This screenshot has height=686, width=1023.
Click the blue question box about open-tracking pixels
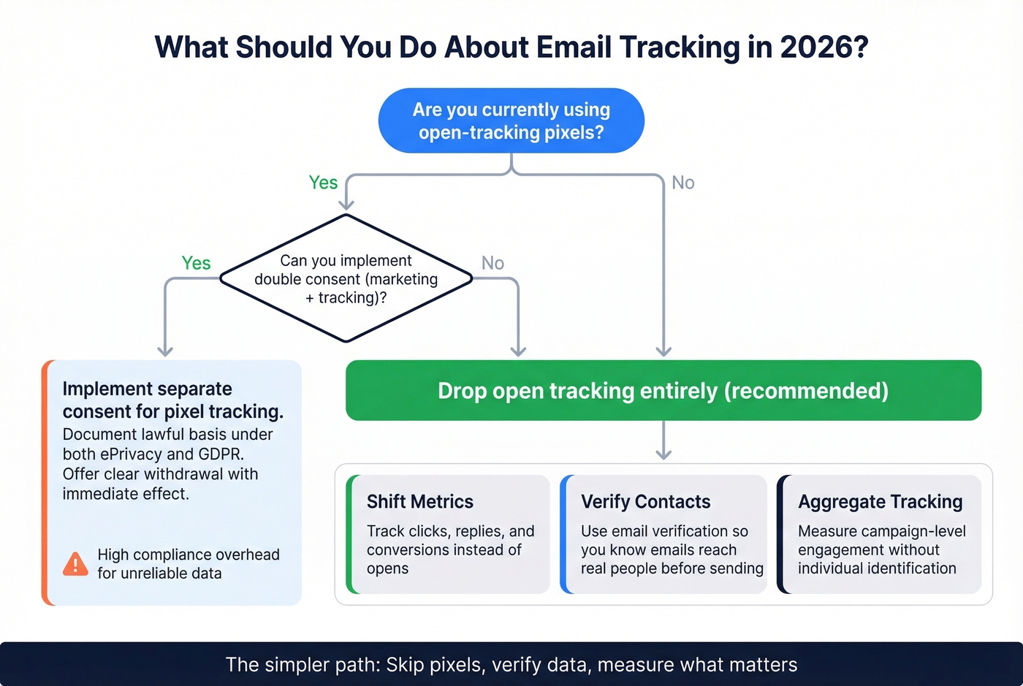click(511, 121)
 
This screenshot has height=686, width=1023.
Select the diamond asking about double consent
click(346, 278)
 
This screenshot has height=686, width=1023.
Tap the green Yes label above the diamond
click(323, 183)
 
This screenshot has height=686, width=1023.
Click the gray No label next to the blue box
click(682, 183)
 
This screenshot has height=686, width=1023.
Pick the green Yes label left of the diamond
click(196, 263)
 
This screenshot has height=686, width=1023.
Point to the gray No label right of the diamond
click(493, 263)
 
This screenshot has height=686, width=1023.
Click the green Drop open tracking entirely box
click(663, 390)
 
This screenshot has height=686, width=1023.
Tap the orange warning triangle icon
click(75, 564)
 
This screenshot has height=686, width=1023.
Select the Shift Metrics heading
click(419, 502)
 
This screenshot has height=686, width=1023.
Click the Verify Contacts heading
click(645, 502)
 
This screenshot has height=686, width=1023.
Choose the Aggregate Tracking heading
click(880, 502)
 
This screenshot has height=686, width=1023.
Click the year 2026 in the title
click(824, 47)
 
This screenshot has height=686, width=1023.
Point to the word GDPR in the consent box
click(220, 454)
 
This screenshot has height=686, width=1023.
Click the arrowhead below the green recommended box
click(663, 454)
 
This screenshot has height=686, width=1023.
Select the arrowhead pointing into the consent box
click(165, 351)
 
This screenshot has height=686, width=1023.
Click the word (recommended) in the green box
click(806, 390)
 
